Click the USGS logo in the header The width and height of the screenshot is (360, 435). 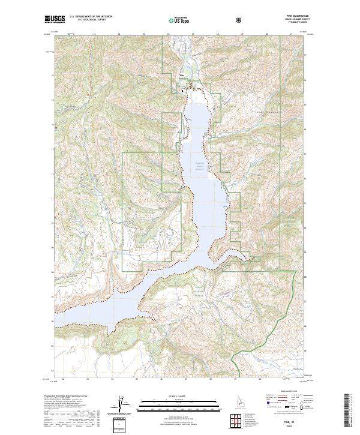tap(55, 19)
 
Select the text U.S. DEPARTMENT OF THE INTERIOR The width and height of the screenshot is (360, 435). tap(89, 17)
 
